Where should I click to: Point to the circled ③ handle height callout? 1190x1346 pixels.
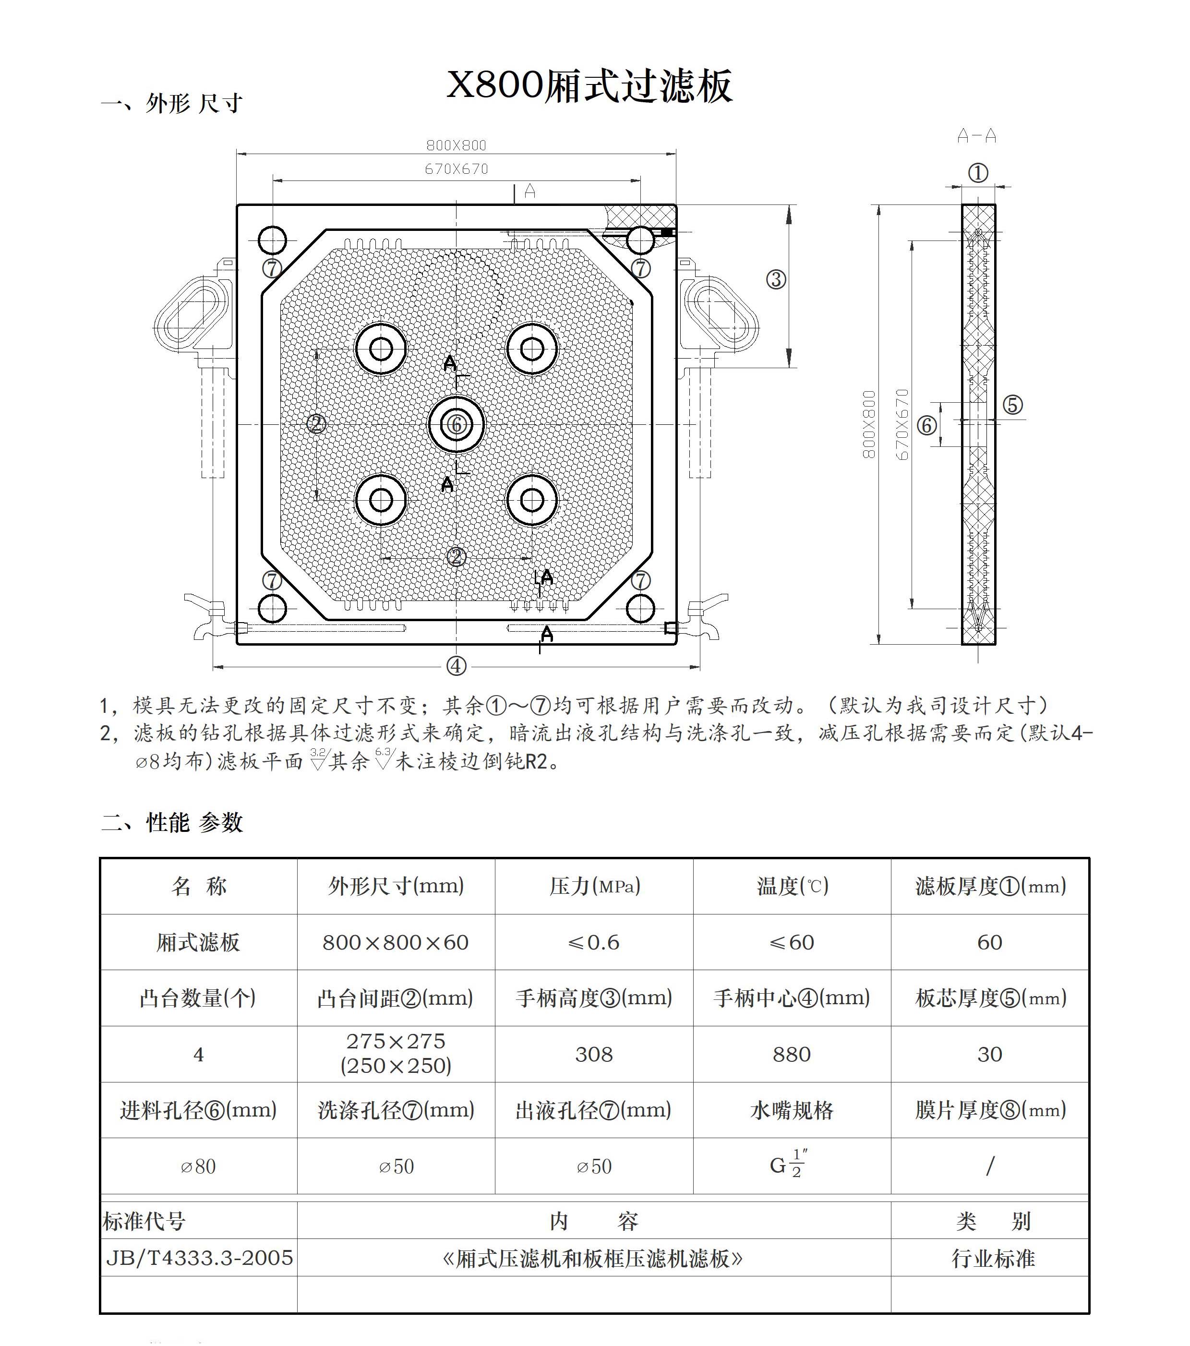[776, 280]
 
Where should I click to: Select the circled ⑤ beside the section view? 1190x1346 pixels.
[1012, 404]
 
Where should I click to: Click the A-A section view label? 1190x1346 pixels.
[977, 136]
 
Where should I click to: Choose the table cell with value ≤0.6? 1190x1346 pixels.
[593, 942]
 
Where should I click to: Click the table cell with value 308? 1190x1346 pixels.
[593, 1054]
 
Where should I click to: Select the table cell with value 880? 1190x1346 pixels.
[792, 1054]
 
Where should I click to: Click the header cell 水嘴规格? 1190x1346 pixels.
[792, 1110]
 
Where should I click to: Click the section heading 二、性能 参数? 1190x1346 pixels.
[172, 822]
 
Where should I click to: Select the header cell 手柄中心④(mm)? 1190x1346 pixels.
[792, 998]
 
